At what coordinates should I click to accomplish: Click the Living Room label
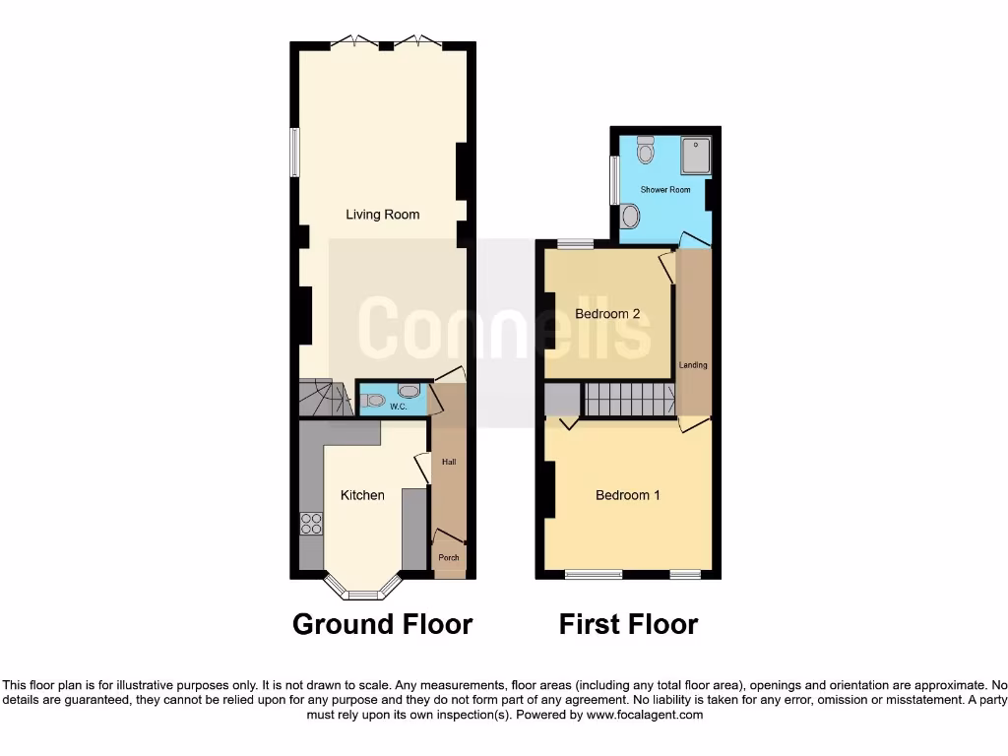[382, 215]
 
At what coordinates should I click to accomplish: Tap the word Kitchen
[362, 495]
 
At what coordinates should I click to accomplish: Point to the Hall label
[449, 462]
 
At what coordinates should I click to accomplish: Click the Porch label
[449, 558]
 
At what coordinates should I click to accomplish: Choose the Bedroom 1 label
[627, 495]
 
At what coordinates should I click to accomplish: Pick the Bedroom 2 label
[607, 314]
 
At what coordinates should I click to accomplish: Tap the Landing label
[693, 365]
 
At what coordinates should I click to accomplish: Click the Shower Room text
[665, 189]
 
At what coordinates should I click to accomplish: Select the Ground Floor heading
[382, 624]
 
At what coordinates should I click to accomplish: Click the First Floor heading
[628, 624]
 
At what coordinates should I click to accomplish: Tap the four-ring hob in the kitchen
[311, 524]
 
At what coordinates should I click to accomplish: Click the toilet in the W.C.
[372, 400]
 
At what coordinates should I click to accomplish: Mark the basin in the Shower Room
[630, 216]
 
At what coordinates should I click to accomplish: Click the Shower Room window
[613, 180]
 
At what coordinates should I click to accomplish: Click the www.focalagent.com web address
[644, 715]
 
